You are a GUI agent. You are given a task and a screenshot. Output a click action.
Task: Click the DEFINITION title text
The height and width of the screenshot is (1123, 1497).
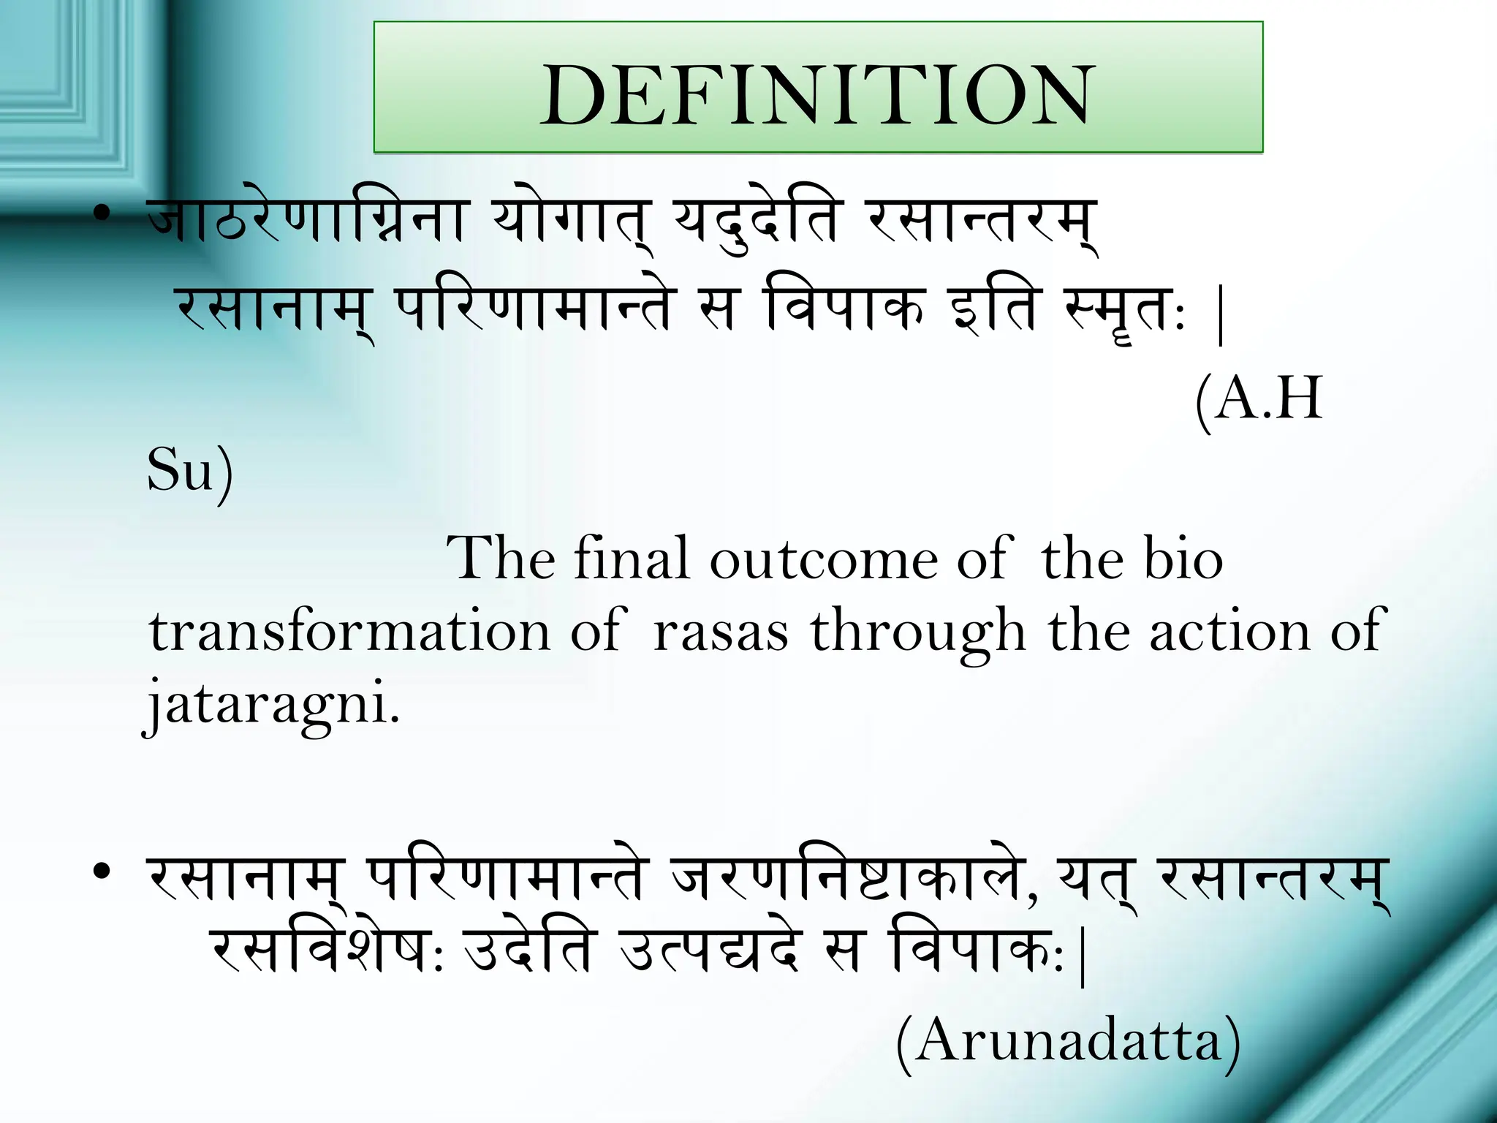click(816, 95)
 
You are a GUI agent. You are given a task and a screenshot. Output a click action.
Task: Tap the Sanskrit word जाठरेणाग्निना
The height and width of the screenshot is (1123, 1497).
click(306, 219)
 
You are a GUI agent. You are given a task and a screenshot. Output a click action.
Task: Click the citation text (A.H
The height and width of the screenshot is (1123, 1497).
click(1259, 398)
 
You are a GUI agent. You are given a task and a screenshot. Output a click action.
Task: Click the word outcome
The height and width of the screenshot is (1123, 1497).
click(824, 559)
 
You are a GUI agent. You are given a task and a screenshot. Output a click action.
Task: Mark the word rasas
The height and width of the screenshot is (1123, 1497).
click(721, 632)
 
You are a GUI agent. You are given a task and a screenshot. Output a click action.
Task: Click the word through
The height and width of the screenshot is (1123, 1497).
click(918, 633)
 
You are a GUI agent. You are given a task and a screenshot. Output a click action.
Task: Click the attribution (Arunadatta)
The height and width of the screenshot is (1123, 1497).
click(1068, 1040)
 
